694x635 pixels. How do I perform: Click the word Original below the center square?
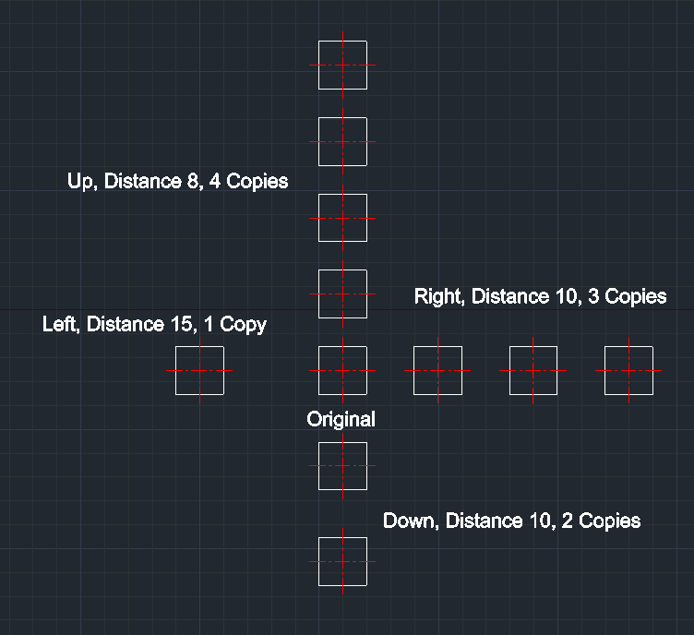click(x=341, y=419)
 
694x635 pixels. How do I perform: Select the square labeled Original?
click(x=342, y=370)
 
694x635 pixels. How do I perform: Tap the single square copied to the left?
click(x=199, y=370)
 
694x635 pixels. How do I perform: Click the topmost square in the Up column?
click(x=342, y=65)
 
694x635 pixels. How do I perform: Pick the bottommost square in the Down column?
click(x=342, y=561)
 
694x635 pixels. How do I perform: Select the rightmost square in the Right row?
click(x=628, y=370)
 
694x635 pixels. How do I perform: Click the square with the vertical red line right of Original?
click(x=437, y=370)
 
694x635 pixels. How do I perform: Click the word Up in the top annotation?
click(x=80, y=182)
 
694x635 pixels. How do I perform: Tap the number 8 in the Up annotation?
click(x=192, y=182)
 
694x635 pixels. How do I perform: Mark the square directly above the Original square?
click(x=342, y=294)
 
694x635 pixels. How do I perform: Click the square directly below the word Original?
click(x=342, y=466)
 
